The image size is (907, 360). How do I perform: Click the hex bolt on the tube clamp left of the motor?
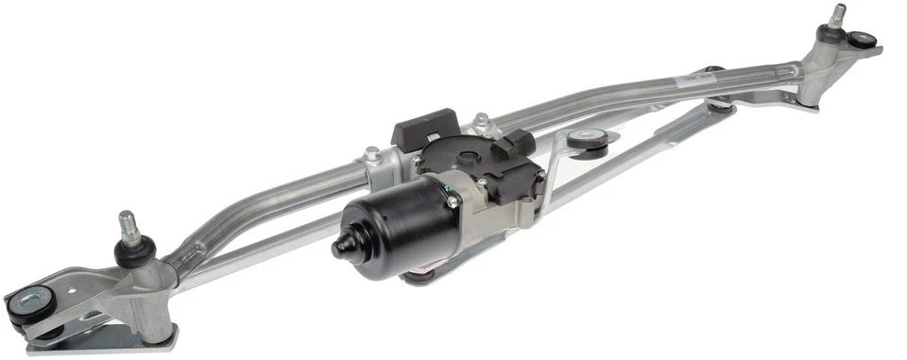click(372, 153)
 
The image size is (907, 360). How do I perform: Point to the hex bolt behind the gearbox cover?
click(482, 121)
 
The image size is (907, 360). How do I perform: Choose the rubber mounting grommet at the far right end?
click(862, 41)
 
